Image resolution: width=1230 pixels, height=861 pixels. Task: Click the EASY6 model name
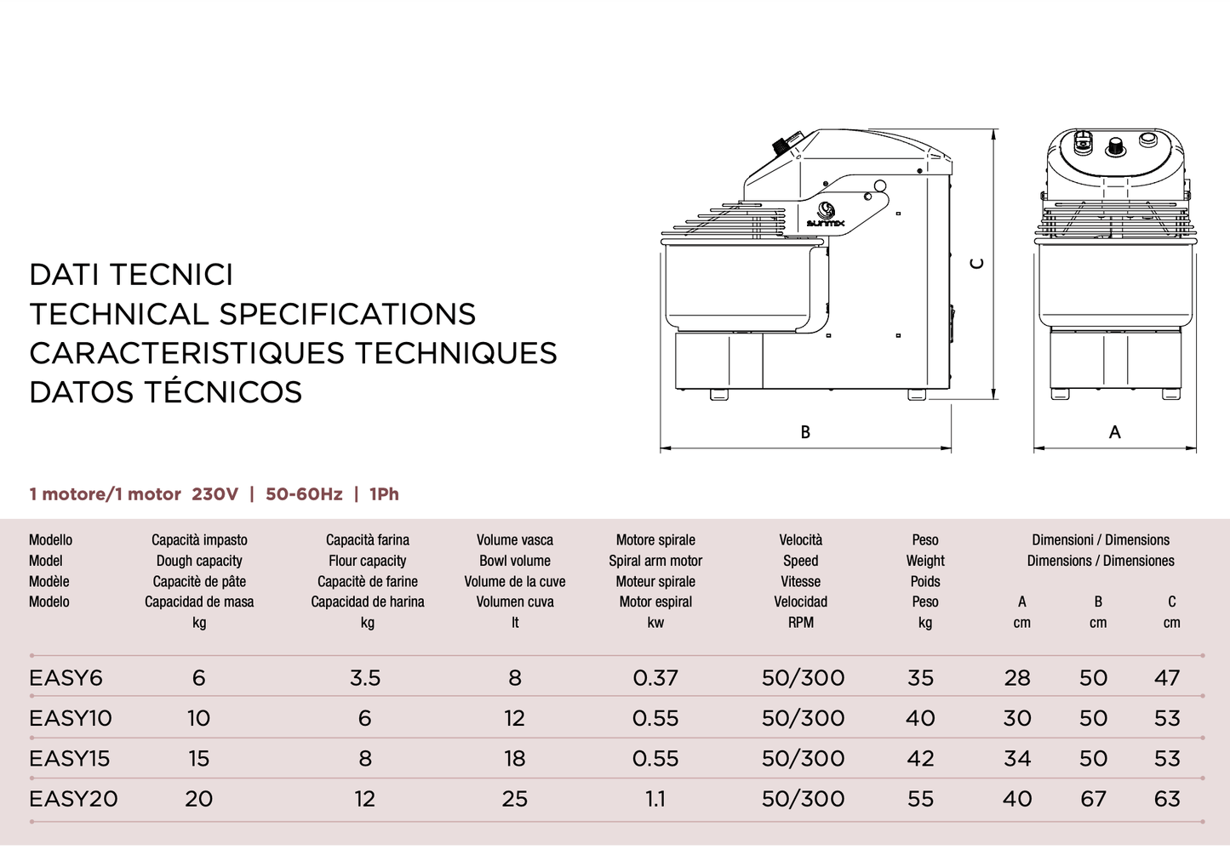tap(66, 678)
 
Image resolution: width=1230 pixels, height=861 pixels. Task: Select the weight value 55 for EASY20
tap(920, 799)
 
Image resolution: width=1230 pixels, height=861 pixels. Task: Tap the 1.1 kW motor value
tap(655, 799)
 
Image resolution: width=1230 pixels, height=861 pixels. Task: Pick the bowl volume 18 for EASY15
tap(514, 759)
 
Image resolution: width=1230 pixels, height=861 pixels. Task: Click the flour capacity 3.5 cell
tap(365, 678)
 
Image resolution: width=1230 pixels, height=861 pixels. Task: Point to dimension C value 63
tap(1167, 799)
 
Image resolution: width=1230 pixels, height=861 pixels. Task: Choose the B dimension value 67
tap(1093, 799)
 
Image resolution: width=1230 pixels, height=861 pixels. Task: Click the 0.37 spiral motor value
tap(655, 678)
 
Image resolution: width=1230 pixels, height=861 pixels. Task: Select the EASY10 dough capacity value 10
tap(198, 719)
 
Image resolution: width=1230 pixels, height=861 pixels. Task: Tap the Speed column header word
tap(800, 561)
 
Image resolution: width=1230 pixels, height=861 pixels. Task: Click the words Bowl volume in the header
tap(514, 561)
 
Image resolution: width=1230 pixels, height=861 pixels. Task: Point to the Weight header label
tap(925, 561)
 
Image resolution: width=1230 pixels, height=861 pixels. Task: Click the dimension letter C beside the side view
tap(978, 264)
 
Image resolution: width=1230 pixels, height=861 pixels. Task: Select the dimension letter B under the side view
tap(805, 432)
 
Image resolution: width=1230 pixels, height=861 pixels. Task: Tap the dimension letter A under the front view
tap(1114, 432)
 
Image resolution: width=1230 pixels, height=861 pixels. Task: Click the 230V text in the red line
tap(215, 494)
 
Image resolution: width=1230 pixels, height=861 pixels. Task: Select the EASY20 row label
tap(73, 799)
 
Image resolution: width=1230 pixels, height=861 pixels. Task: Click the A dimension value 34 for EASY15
tap(1017, 759)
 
